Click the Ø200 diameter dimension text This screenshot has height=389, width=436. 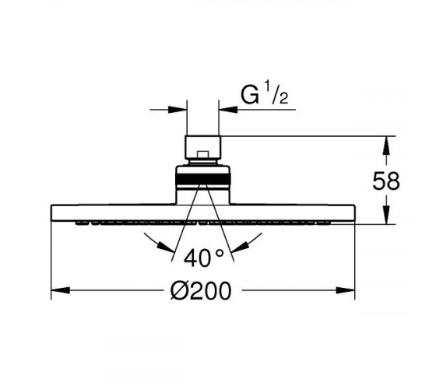[x=201, y=291]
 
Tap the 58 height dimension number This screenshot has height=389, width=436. [x=386, y=181]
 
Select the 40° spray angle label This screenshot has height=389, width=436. [x=204, y=258]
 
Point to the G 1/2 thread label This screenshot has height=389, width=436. [x=265, y=95]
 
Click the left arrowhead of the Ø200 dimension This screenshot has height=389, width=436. [x=61, y=291]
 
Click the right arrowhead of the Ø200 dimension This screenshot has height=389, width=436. [x=346, y=291]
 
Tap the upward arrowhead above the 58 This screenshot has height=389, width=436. [x=386, y=145]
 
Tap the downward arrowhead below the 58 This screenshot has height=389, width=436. [x=386, y=215]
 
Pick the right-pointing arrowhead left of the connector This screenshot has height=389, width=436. [x=178, y=110]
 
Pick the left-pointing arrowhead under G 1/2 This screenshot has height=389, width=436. [x=228, y=110]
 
